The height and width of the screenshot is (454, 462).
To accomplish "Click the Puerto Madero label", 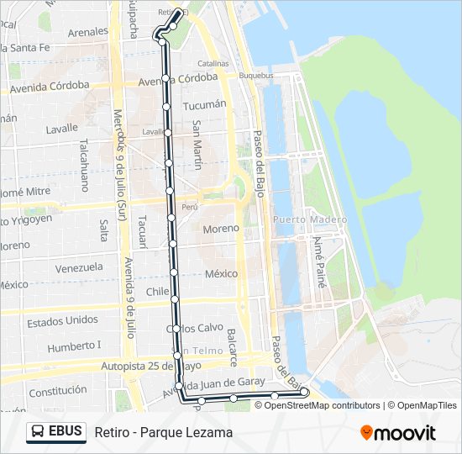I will (x=309, y=219).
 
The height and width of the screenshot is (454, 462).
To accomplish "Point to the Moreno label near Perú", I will (x=221, y=228).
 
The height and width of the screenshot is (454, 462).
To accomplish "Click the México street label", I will (x=221, y=274).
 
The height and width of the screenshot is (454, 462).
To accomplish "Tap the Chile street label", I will (x=157, y=291).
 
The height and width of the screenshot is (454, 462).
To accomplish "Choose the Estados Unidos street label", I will (x=62, y=321).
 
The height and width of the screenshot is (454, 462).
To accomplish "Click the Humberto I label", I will (x=74, y=346).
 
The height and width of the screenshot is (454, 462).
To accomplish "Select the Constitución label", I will (x=57, y=391).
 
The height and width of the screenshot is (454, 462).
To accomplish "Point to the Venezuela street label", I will (x=79, y=267).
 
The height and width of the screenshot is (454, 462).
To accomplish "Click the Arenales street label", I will (x=87, y=32).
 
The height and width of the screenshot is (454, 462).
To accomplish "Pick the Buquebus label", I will (x=256, y=76).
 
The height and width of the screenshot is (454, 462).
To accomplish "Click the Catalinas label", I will (x=213, y=63).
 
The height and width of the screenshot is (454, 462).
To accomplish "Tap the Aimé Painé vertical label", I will (x=318, y=261).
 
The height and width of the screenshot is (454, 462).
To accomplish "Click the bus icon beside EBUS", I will (x=37, y=431).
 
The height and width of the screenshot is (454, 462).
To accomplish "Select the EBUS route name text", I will (x=66, y=431).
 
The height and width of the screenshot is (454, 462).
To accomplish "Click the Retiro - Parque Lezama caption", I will (x=164, y=432).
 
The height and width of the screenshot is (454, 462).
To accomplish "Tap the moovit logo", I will (x=398, y=432).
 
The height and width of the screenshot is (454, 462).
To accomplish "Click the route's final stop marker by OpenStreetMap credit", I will (x=304, y=392).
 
